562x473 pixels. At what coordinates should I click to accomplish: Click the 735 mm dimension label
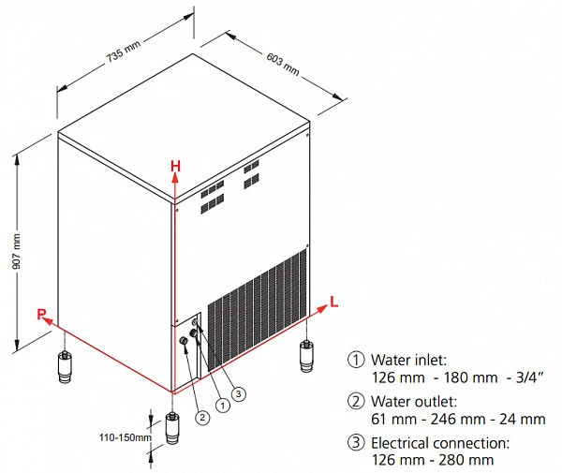(123, 52)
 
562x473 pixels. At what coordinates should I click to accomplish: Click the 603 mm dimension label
(283, 64)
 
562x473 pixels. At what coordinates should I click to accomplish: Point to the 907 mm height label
(16, 251)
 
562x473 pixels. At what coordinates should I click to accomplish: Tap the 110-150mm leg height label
(126, 437)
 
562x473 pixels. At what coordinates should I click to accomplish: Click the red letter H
(175, 167)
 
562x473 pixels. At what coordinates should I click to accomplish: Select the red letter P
(41, 315)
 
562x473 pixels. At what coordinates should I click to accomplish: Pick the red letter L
(333, 302)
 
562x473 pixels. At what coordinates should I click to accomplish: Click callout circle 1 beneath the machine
(223, 406)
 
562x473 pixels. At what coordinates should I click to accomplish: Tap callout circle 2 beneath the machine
(202, 417)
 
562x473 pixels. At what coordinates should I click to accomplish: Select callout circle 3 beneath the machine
(239, 394)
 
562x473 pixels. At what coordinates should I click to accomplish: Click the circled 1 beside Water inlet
(356, 360)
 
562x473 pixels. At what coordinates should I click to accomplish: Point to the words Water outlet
(414, 401)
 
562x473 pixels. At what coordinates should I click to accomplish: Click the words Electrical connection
(440, 443)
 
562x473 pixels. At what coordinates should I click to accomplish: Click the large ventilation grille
(258, 310)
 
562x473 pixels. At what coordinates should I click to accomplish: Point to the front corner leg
(172, 428)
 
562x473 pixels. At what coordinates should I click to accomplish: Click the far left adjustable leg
(65, 367)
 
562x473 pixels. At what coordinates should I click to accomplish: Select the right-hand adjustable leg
(306, 356)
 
